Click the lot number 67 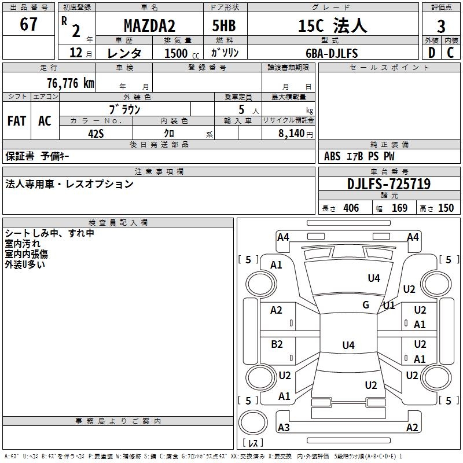(28, 25)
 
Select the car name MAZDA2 (150, 26)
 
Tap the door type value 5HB (224, 26)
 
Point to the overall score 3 (441, 26)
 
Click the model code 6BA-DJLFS (332, 53)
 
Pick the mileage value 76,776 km (70, 83)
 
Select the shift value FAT (17, 121)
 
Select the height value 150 (446, 208)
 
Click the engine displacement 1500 (176, 53)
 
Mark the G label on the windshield (366, 305)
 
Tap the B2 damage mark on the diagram (277, 344)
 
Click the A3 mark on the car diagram (284, 428)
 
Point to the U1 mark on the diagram (388, 305)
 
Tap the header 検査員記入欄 (118, 223)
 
